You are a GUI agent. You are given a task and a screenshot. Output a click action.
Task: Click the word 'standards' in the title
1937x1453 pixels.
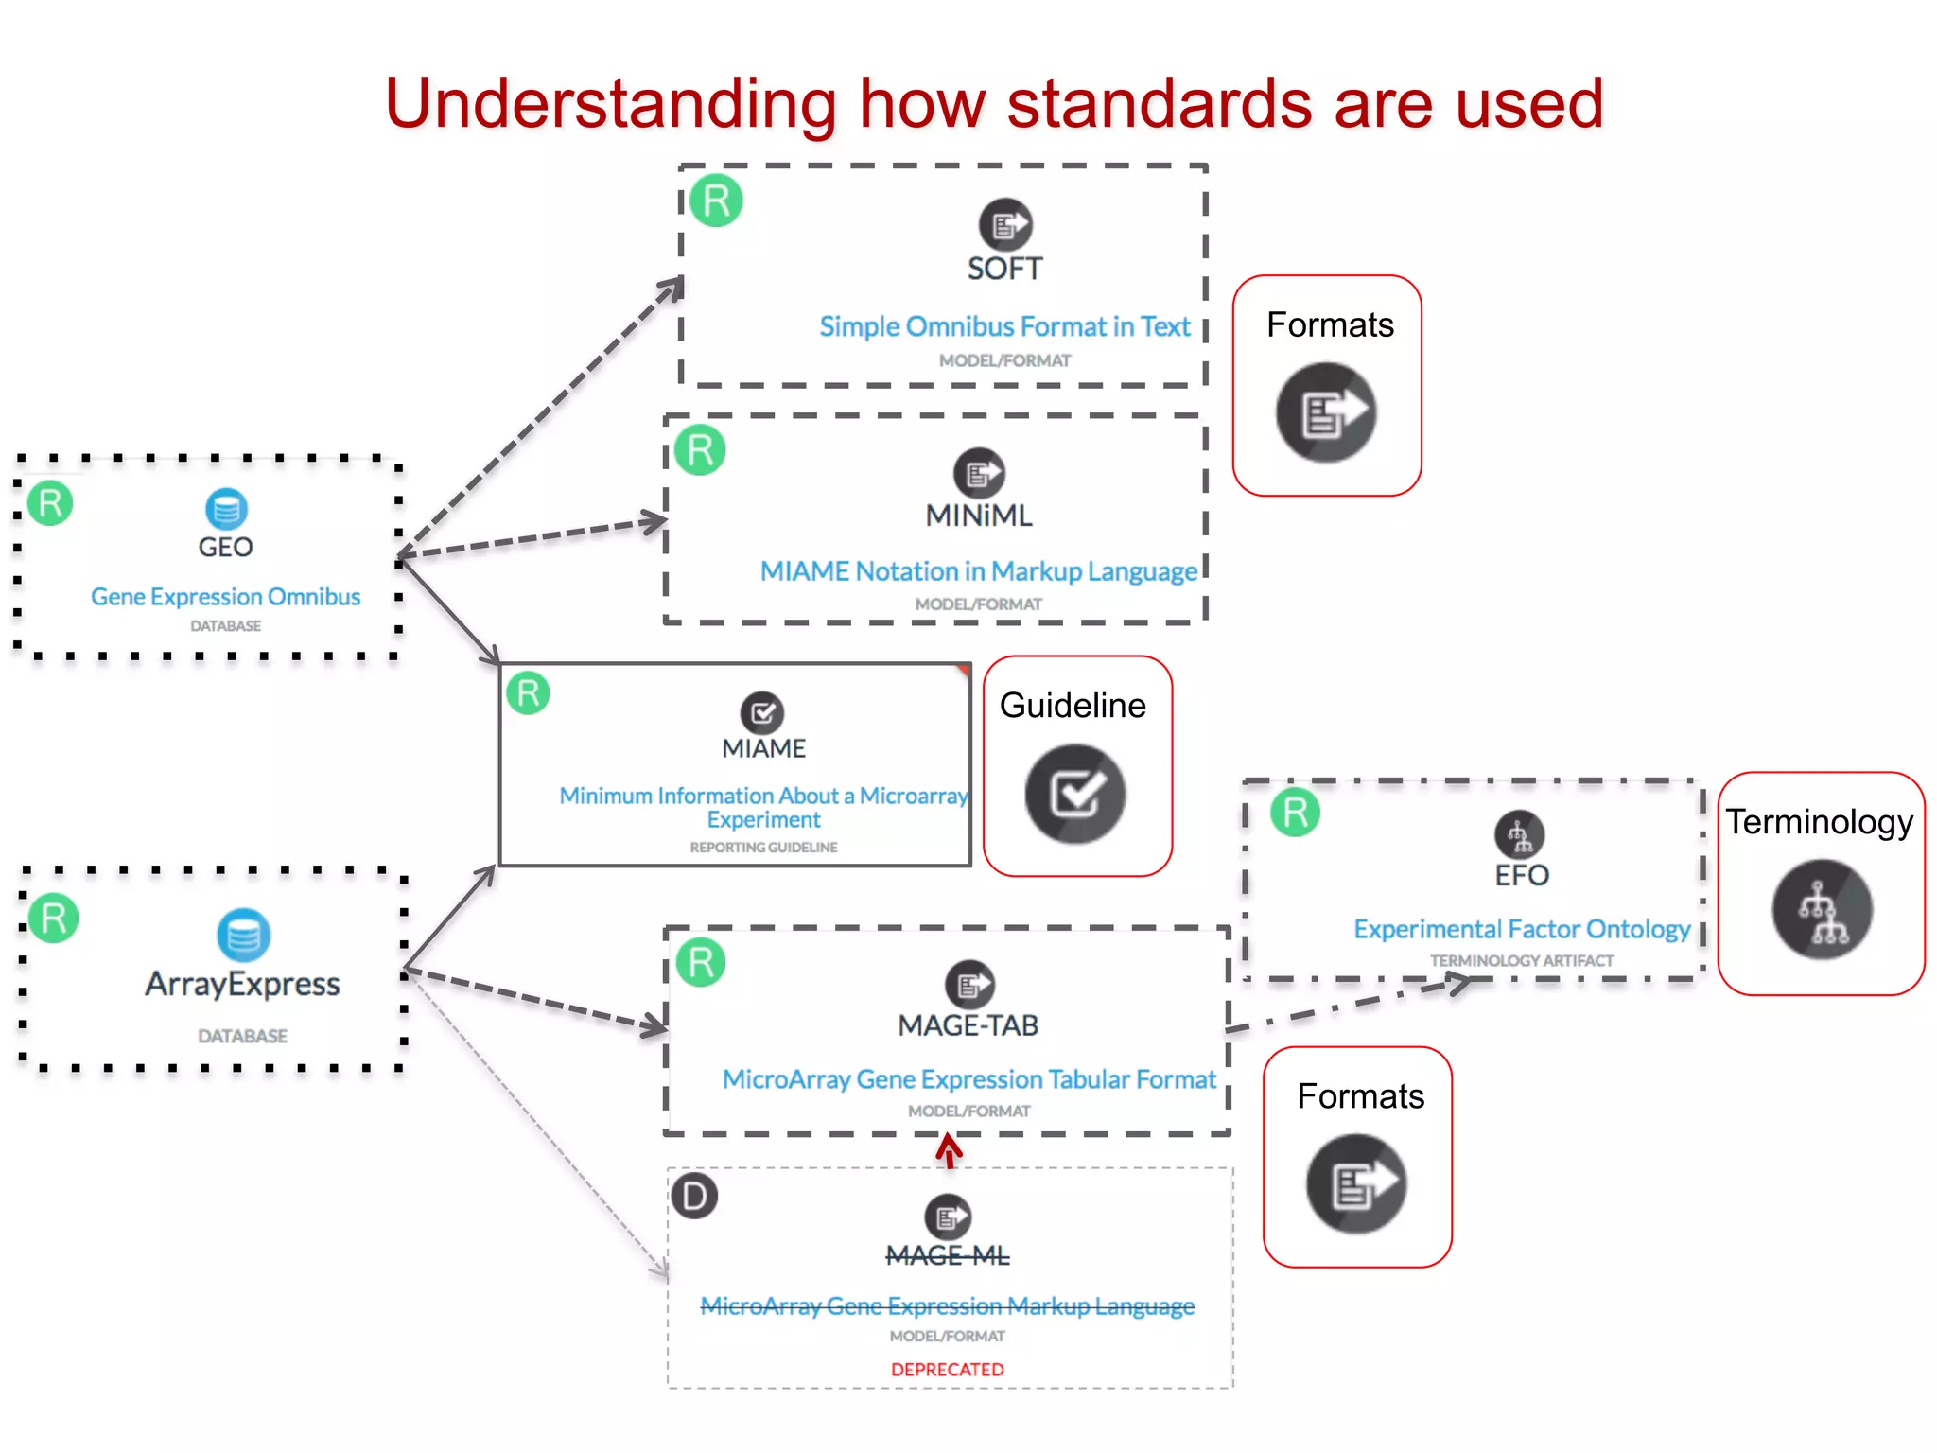coord(1160,104)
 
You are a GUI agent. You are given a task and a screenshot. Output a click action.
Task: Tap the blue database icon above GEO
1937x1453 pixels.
coord(226,510)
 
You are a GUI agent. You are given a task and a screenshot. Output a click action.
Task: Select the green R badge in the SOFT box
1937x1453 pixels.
coord(716,201)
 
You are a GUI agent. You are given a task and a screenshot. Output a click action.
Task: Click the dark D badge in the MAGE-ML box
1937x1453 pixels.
coord(694,1197)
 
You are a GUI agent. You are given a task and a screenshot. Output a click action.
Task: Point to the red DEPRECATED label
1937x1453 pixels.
coord(947,1370)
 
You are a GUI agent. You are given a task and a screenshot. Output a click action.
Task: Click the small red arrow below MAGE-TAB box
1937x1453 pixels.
coord(949,1152)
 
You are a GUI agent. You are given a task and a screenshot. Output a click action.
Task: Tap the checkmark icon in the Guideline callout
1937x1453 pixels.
coord(1075,794)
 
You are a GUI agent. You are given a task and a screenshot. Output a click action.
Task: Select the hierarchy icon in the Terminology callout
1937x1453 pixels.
coord(1822,910)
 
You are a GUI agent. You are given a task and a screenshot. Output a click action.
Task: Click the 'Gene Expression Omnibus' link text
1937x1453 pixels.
coord(225,597)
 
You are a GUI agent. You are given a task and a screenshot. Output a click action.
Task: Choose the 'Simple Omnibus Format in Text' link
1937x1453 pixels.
coord(1004,326)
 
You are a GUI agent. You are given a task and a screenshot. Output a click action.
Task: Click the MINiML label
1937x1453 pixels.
coord(979,516)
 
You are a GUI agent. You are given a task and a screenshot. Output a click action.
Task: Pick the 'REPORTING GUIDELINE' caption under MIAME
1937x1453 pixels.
coord(763,848)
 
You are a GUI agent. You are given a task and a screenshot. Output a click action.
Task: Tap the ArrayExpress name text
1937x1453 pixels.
coord(242,984)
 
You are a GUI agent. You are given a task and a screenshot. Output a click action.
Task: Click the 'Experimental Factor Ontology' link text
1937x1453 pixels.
coord(1521,929)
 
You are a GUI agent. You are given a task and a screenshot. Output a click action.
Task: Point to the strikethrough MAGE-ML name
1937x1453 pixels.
coord(947,1256)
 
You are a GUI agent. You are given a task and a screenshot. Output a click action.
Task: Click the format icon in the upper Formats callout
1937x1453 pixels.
coord(1326,412)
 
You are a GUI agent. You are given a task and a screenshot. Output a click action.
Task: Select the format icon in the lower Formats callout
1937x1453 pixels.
coord(1356,1184)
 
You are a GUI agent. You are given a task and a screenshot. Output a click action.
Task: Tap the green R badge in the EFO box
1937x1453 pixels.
coord(1295,813)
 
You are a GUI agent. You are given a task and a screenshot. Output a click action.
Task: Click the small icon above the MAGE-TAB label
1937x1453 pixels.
coord(969,985)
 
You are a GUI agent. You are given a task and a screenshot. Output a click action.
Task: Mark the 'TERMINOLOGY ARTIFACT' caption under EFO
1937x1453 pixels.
coord(1521,961)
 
